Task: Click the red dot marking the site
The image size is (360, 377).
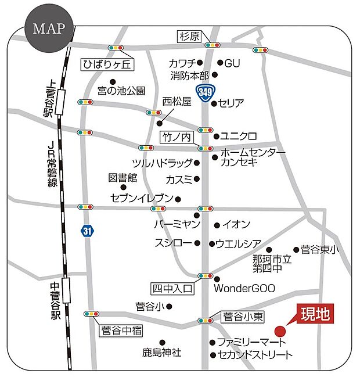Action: (x=280, y=332)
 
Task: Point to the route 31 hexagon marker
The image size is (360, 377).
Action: (x=87, y=231)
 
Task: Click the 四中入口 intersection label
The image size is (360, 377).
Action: (x=172, y=288)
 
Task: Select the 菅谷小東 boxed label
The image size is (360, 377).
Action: (x=244, y=317)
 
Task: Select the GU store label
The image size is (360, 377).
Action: (x=232, y=63)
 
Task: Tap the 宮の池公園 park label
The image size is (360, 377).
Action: (x=121, y=91)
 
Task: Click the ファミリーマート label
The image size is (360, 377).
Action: (x=249, y=342)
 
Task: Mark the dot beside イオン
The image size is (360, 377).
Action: (x=217, y=225)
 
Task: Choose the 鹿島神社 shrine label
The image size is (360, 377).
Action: (x=162, y=352)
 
